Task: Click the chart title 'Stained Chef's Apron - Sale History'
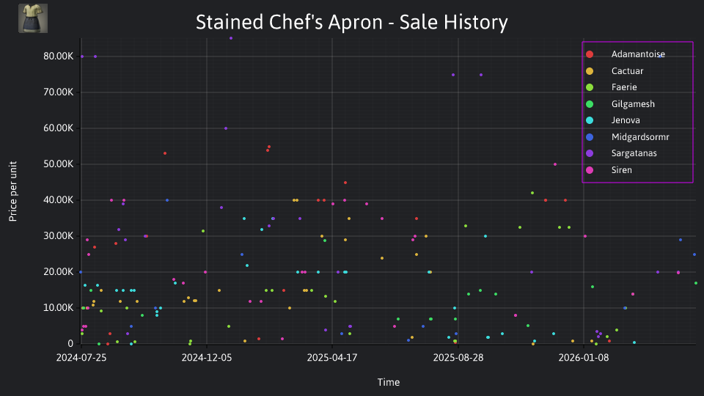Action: click(x=351, y=22)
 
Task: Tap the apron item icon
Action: click(x=33, y=18)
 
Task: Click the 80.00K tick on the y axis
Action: click(x=59, y=56)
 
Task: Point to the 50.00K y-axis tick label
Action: click(x=59, y=164)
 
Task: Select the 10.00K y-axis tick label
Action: click(x=59, y=307)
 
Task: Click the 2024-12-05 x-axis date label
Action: click(x=207, y=357)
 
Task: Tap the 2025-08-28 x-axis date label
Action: click(x=458, y=357)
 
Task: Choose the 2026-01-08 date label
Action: click(x=583, y=357)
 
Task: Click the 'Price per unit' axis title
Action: click(x=12, y=191)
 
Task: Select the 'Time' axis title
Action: click(x=389, y=382)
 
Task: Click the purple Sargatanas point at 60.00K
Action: click(x=226, y=128)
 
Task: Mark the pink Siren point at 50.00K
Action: click(x=555, y=164)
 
